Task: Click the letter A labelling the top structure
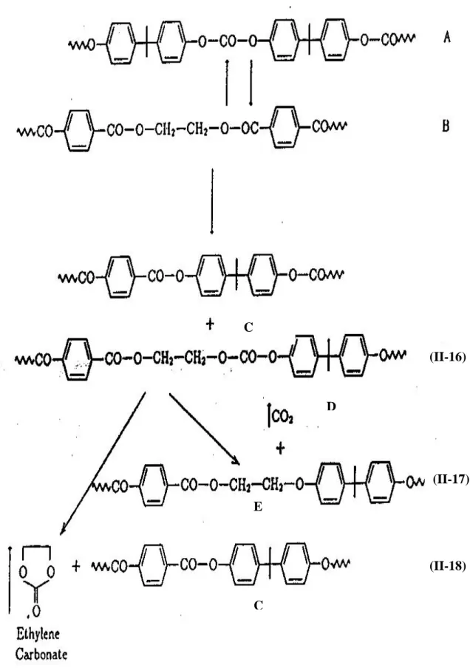tap(446, 38)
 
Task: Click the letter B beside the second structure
tap(446, 126)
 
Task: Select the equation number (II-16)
tap(447, 357)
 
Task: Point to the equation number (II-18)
tap(447, 566)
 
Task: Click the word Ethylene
tap(38, 635)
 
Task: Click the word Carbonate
tap(42, 653)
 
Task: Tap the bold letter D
tap(331, 406)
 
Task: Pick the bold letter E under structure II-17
tap(258, 506)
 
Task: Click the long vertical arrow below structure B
tap(212, 202)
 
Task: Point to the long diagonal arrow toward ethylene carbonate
tap(103, 463)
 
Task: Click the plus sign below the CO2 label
tap(280, 449)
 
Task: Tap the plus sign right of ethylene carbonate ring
tap(76, 566)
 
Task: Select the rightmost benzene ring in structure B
tap(285, 127)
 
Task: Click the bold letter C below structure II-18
tap(258, 605)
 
